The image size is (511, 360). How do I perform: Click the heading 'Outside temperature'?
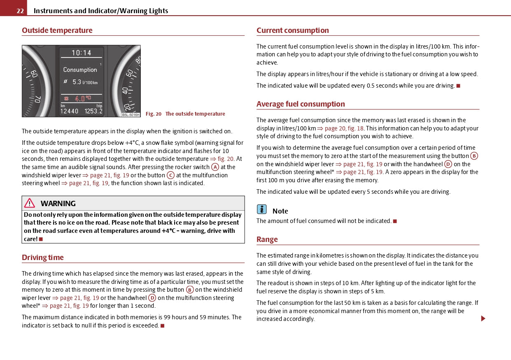point(57,30)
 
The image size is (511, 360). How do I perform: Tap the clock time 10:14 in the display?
point(82,53)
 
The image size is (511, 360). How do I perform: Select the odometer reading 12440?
point(69,111)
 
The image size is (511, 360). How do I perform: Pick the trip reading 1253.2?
point(93,111)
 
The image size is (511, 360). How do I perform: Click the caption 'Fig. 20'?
point(154,114)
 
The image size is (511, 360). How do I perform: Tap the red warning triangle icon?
point(30,203)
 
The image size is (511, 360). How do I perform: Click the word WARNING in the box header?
point(58,204)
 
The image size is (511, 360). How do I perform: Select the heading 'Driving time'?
point(43,258)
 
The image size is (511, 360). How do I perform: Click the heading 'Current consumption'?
point(292,30)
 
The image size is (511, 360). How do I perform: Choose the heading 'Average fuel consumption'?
point(301,104)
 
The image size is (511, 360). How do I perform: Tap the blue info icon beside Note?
point(262,210)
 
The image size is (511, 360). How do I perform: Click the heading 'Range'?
point(267,239)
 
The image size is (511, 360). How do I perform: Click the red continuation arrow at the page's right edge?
point(483,318)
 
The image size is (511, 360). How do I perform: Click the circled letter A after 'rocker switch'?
point(215,167)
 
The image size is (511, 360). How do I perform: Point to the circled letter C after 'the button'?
point(170,175)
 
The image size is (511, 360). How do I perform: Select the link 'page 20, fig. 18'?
point(344,128)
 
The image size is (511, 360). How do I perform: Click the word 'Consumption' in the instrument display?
point(80,70)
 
